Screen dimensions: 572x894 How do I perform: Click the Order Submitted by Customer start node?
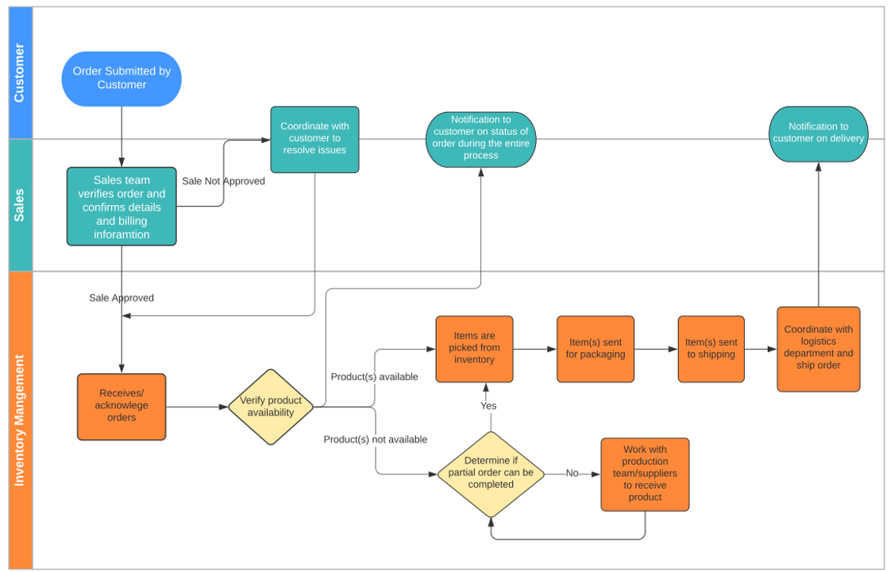point(121,79)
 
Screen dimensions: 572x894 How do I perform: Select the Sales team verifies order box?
point(121,207)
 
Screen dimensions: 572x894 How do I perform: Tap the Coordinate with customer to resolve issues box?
point(314,139)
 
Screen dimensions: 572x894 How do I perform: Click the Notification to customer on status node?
point(480,139)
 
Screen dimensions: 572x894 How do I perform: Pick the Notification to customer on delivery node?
point(818,133)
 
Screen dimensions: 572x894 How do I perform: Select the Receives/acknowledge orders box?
point(121,406)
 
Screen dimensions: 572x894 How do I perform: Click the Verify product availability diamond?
point(271,407)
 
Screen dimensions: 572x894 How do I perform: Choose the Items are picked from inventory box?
point(474,349)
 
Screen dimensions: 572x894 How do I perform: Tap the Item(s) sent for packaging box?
point(595,349)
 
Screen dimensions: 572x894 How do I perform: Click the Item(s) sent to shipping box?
point(711,349)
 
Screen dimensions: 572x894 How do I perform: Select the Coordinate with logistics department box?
point(818,349)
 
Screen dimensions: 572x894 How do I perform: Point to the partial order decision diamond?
point(491,473)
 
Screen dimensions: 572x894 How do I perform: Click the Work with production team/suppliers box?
point(645,473)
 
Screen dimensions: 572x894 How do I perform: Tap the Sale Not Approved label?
point(223,181)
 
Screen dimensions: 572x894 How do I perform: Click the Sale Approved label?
point(121,298)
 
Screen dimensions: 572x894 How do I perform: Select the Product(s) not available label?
point(375,439)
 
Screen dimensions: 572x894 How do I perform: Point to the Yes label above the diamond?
point(488,406)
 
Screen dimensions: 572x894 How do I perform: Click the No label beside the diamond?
point(572,473)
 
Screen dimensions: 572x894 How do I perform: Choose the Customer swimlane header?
point(19,72)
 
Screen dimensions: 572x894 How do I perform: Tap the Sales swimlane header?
point(19,205)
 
